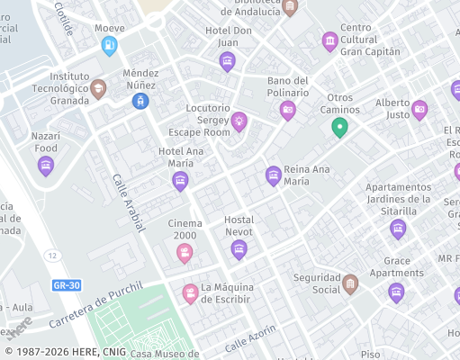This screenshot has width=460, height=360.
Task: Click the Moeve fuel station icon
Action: coord(109,45)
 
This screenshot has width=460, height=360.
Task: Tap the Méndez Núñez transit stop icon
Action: coord(140,101)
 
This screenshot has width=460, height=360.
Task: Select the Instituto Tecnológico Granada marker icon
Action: coord(98,88)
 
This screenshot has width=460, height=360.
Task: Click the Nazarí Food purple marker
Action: coord(46,166)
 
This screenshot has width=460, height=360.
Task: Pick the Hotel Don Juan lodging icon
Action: coord(228,61)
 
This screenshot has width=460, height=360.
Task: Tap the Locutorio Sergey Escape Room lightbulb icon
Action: coord(239,121)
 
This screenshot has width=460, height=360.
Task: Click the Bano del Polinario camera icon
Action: coord(288,110)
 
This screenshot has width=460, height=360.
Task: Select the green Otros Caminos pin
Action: coord(339,127)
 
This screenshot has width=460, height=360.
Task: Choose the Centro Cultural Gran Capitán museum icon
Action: coord(330,40)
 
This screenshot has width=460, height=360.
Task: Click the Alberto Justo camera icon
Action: coord(419,110)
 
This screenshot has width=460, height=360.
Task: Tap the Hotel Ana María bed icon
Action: coord(181,181)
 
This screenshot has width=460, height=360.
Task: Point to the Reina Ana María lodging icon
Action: coord(274,175)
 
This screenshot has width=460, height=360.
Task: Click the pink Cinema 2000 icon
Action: coord(185,253)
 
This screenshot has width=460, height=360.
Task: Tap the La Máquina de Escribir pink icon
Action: coord(190,293)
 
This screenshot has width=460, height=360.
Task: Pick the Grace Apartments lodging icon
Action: coord(396,292)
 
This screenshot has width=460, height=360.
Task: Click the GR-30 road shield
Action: coord(67,285)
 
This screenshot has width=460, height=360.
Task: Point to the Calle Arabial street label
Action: coord(129,202)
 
